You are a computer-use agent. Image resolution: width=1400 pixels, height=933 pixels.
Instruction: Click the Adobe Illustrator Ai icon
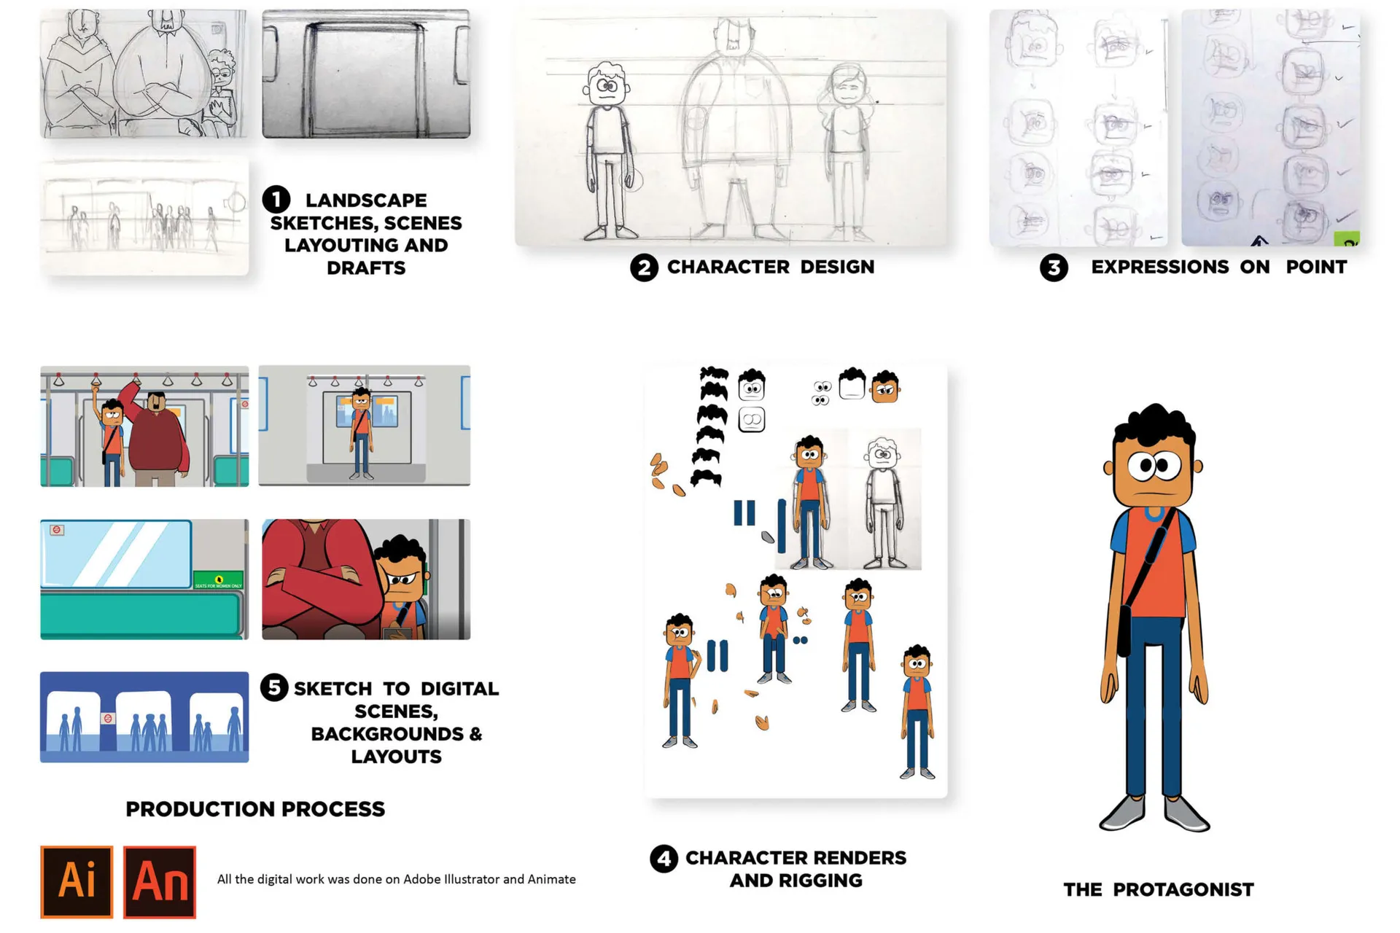(x=77, y=881)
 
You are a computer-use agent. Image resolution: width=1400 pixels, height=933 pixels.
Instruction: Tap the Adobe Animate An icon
(x=160, y=881)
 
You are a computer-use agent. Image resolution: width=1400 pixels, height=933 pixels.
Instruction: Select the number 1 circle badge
(x=276, y=199)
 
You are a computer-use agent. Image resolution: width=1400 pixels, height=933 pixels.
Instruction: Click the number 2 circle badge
(x=644, y=268)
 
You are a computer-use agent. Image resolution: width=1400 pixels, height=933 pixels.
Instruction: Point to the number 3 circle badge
(x=1054, y=268)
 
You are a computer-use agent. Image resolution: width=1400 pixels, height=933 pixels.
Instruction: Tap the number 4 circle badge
(x=664, y=859)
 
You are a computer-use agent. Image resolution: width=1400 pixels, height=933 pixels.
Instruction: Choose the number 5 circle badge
(x=274, y=687)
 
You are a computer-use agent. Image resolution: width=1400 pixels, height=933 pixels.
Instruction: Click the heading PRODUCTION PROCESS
(x=255, y=809)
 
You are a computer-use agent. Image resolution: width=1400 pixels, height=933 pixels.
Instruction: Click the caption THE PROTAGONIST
(x=1159, y=890)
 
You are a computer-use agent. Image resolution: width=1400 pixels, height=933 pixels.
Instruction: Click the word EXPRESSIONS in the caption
(x=1159, y=268)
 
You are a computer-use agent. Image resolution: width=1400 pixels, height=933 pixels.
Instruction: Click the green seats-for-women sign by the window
(x=218, y=580)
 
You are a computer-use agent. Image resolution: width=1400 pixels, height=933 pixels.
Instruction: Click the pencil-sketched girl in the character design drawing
(x=846, y=153)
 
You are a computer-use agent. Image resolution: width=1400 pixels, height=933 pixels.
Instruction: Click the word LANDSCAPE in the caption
(x=366, y=200)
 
